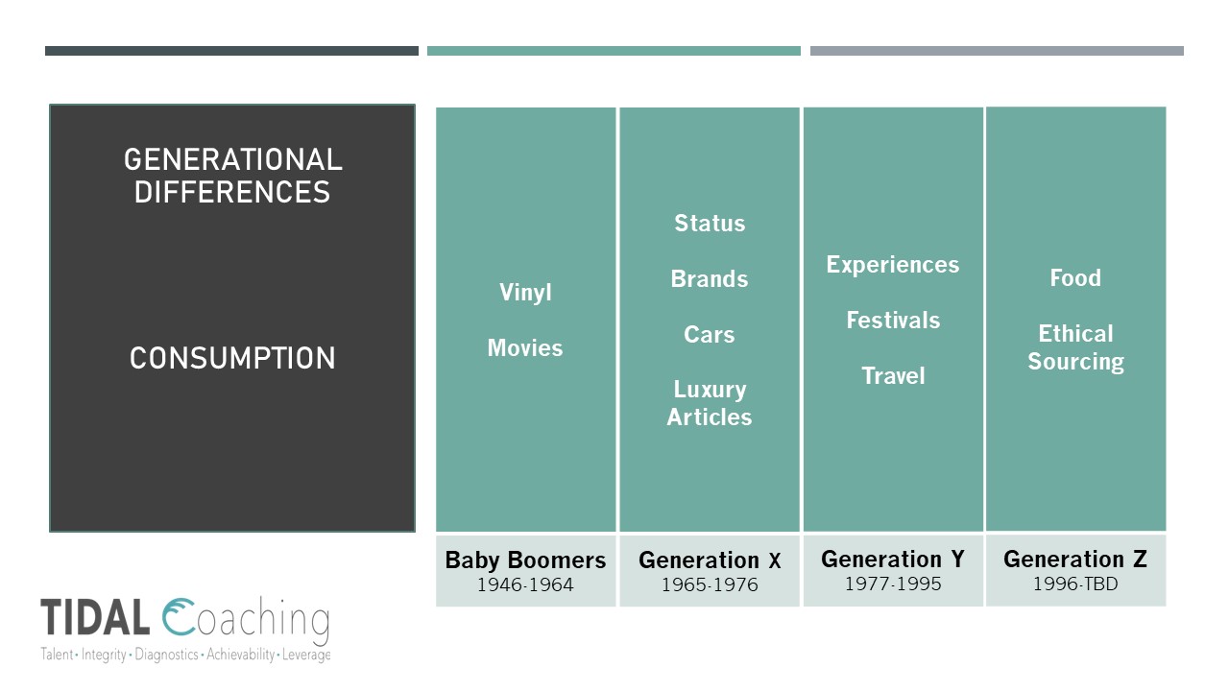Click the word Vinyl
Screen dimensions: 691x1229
[525, 293]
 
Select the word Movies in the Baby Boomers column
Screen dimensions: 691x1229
[525, 348]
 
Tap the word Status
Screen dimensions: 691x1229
[710, 224]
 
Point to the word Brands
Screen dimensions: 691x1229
[710, 279]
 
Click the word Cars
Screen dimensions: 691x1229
[710, 335]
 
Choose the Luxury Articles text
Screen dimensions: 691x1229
[710, 403]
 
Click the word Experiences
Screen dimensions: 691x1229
[893, 265]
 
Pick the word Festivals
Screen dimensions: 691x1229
[893, 321]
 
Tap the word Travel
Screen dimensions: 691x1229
[893, 376]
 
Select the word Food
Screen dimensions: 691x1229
[1075, 278]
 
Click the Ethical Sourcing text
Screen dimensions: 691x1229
[1075, 347]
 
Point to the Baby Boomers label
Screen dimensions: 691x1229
[525, 560]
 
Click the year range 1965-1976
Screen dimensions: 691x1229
[710, 584]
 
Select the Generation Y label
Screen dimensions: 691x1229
[893, 560]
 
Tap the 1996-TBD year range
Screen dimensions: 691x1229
[1075, 584]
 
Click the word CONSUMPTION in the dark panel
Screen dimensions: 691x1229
[232, 359]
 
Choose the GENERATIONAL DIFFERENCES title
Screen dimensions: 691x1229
[232, 176]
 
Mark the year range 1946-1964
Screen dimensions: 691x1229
[525, 584]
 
